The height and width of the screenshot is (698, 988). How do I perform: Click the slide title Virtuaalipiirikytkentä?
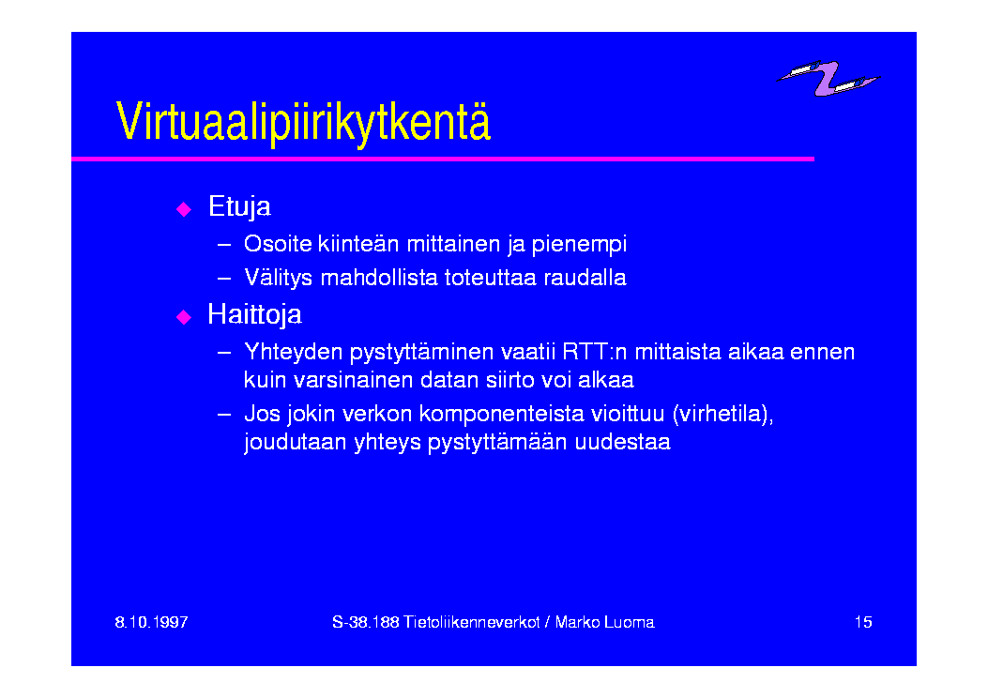click(x=303, y=122)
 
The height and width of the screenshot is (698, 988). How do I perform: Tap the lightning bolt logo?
click(x=828, y=78)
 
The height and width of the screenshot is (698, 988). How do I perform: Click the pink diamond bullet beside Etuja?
click(x=184, y=209)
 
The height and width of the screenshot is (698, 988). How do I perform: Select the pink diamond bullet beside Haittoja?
click(x=184, y=317)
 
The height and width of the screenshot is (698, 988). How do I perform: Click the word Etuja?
click(x=239, y=207)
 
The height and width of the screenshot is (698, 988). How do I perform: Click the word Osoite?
click(x=278, y=244)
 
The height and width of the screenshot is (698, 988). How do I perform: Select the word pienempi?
click(x=579, y=245)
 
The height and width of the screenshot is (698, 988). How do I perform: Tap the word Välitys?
click(x=278, y=278)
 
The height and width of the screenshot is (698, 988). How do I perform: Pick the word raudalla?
click(x=585, y=278)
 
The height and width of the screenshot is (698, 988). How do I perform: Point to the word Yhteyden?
click(x=294, y=353)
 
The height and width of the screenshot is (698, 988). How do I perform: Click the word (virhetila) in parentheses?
click(x=722, y=415)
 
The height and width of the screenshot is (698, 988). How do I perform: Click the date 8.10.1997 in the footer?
click(x=151, y=622)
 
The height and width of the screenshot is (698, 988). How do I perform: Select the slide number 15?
click(x=863, y=622)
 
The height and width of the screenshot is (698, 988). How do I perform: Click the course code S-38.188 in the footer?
click(x=366, y=622)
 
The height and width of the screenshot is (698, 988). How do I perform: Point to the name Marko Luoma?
click(x=604, y=622)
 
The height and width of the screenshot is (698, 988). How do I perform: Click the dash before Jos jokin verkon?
click(x=223, y=415)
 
